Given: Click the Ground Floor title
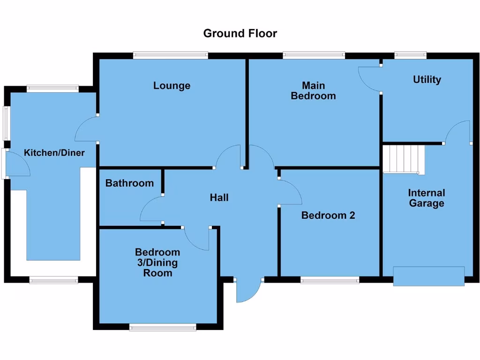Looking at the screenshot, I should point(240,33).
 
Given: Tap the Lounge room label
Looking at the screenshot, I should point(172,85).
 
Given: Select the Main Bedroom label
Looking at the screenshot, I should point(313,90).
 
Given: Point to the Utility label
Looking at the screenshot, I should point(427,79).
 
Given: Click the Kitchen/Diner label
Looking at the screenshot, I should point(54,152).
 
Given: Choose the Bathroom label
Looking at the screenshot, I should point(129,183).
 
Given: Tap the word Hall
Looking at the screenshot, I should point(219,197).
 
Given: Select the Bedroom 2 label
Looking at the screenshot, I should point(328,215).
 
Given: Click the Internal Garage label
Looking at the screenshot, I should point(427,198).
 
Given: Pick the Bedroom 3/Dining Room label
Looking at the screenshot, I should point(157,262).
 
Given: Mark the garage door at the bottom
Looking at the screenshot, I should point(429,276).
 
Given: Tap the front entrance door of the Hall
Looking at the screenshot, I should point(248,291).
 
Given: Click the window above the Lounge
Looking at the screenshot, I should point(171,55).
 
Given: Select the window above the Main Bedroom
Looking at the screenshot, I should point(314,55).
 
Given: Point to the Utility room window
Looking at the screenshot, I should point(411,55).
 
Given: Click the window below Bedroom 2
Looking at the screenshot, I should point(330,280).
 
